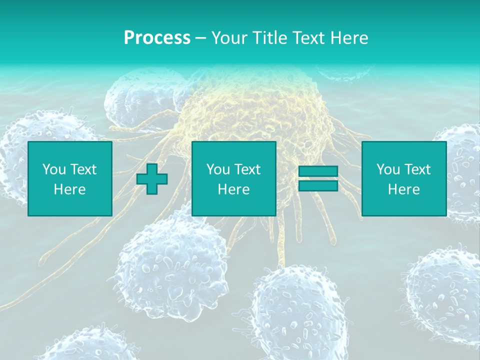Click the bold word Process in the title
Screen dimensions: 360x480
pos(157,38)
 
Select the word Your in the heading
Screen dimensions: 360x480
pos(228,38)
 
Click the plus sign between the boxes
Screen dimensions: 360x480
pos(152,179)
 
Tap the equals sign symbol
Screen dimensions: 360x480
pos(318,178)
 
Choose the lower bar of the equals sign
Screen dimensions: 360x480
pos(318,185)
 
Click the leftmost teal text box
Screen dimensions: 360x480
pos(69,179)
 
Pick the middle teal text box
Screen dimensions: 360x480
pos(233,179)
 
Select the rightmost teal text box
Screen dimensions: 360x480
pos(403,179)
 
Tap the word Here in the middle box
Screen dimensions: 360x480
pos(233,189)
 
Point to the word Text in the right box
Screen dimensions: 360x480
pos(417,169)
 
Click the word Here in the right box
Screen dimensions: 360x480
pos(403,189)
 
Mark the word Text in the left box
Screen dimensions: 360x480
pos(83,169)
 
